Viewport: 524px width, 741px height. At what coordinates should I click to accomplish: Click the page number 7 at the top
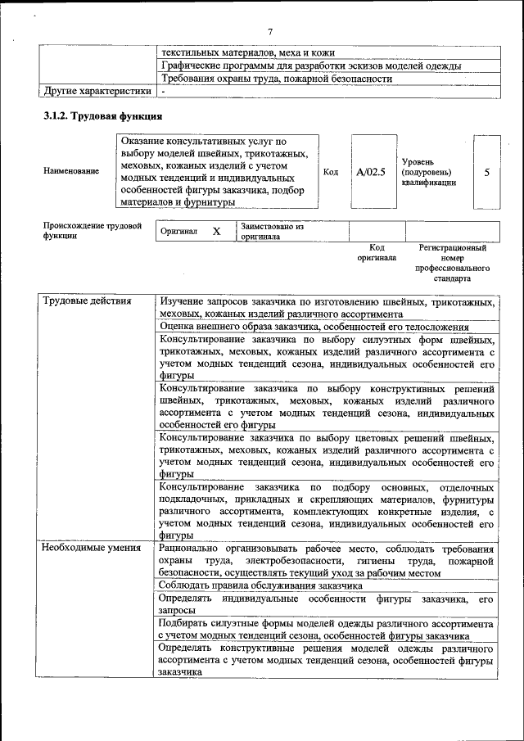coord(269,32)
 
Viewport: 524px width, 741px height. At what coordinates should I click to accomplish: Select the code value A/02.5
coord(371,172)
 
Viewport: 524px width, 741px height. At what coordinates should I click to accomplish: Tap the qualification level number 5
coord(487,173)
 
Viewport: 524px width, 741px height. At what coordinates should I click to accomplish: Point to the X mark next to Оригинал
coord(216,232)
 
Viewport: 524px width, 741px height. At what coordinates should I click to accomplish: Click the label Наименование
coord(72,171)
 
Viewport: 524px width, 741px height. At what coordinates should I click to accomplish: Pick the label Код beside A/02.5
coord(331,172)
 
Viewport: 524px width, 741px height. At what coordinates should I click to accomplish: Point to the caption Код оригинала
coord(377,252)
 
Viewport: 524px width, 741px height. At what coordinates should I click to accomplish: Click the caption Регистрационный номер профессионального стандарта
coord(452,263)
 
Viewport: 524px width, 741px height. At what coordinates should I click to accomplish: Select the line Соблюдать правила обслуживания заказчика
coord(260,586)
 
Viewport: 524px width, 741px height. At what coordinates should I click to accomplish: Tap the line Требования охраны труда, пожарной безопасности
coord(277,79)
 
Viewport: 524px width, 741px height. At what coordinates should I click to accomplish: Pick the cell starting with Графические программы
coord(310,66)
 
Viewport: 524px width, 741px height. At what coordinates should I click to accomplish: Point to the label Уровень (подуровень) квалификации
coord(429,172)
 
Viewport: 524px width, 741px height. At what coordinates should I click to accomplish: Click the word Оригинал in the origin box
coord(178,232)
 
